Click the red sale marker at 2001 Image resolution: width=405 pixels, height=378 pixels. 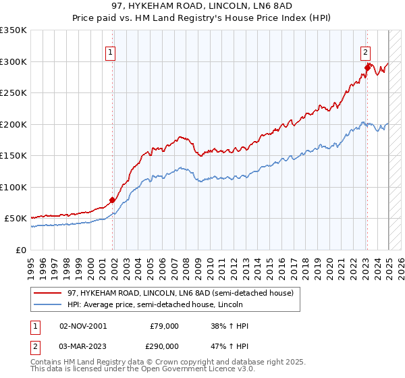113,199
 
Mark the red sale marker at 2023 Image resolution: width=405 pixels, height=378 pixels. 367,67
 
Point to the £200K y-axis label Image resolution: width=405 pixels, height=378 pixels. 13,124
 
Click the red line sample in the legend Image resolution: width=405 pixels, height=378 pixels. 48,293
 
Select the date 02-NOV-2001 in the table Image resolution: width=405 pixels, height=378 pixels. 83,326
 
